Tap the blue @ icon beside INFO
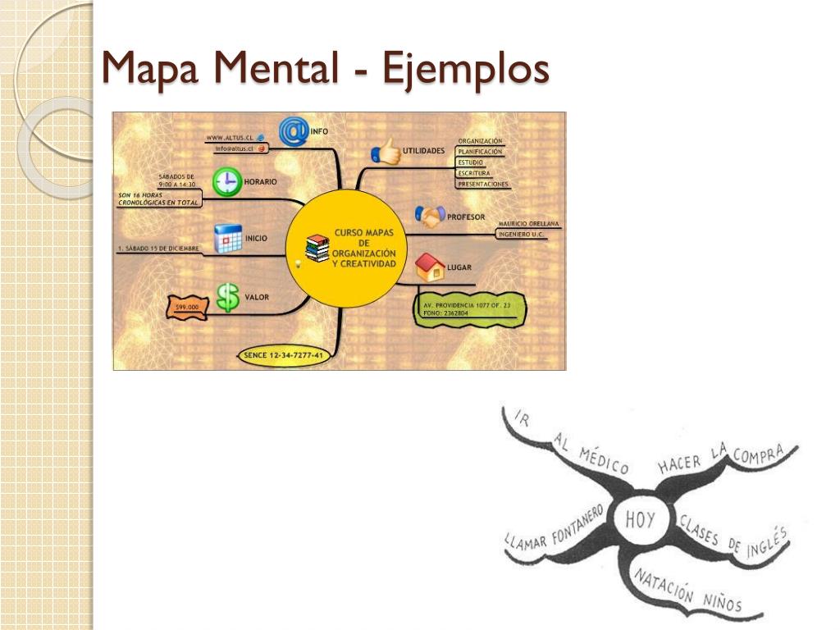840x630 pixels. coord(293,131)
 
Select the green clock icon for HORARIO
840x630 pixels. coord(226,181)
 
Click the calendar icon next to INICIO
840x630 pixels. coord(227,239)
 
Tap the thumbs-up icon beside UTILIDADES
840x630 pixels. coord(386,151)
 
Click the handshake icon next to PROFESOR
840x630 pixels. coord(429,217)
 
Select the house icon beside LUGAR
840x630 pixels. coord(429,267)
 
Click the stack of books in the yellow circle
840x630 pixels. coord(317,247)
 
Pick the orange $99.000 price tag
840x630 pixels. coord(187,306)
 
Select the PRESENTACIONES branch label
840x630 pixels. coord(483,185)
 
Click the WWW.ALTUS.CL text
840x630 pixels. coord(229,137)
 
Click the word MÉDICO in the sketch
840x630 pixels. coord(605,460)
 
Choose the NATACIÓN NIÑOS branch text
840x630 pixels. coord(687,591)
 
